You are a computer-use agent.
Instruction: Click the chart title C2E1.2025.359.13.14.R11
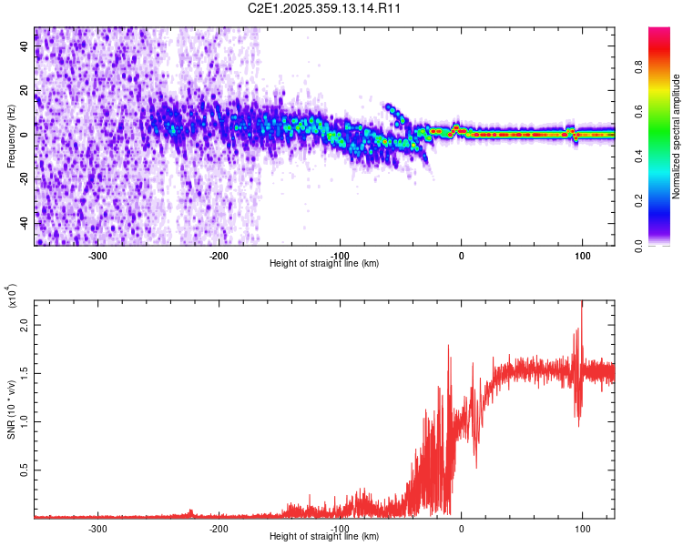pyautogui.click(x=325, y=8)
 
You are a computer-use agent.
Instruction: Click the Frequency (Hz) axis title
pyautogui.click(x=10, y=136)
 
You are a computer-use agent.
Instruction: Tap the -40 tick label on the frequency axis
pyautogui.click(x=24, y=223)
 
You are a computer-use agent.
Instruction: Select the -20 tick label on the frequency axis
pyautogui.click(x=24, y=179)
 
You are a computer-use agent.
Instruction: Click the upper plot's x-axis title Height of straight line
pyautogui.click(x=324, y=264)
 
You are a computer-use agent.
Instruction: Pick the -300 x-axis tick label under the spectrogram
pyautogui.click(x=97, y=256)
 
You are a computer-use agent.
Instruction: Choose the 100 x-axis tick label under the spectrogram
pyautogui.click(x=582, y=256)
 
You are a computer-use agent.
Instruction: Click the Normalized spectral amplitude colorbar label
pyautogui.click(x=676, y=136)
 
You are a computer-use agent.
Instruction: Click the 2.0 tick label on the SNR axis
pyautogui.click(x=25, y=325)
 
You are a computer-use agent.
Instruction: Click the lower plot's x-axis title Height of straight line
pyautogui.click(x=324, y=537)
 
